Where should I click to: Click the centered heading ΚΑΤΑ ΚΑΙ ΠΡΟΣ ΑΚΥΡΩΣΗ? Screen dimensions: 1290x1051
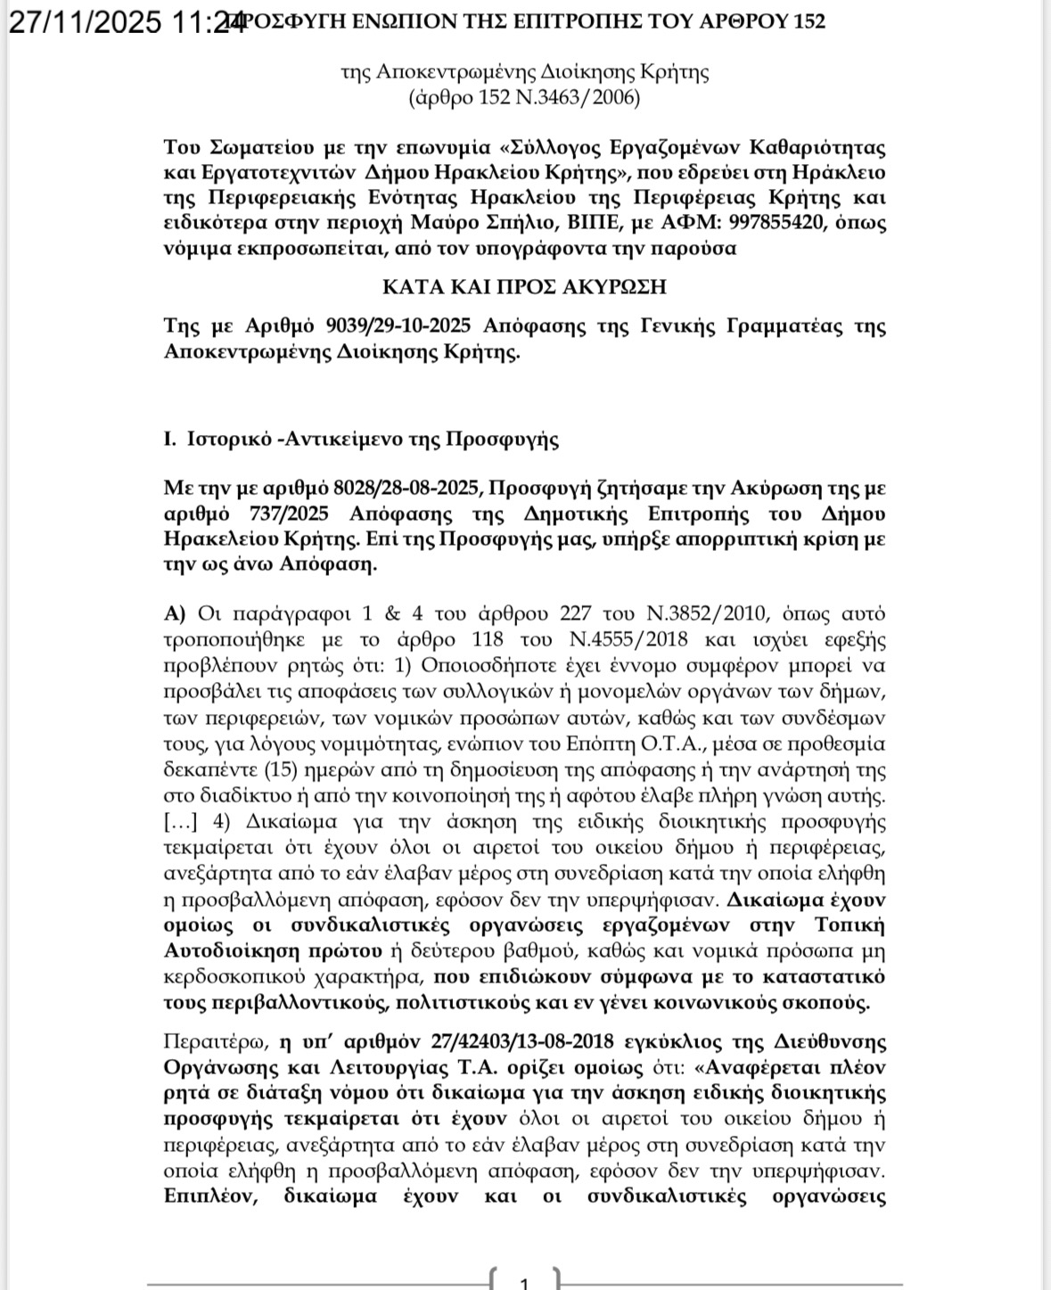[524, 287]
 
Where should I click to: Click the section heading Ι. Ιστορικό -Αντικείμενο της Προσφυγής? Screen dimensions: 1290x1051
[361, 439]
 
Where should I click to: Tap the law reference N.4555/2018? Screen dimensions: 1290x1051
[627, 640]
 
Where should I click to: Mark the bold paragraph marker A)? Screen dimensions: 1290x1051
[175, 614]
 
